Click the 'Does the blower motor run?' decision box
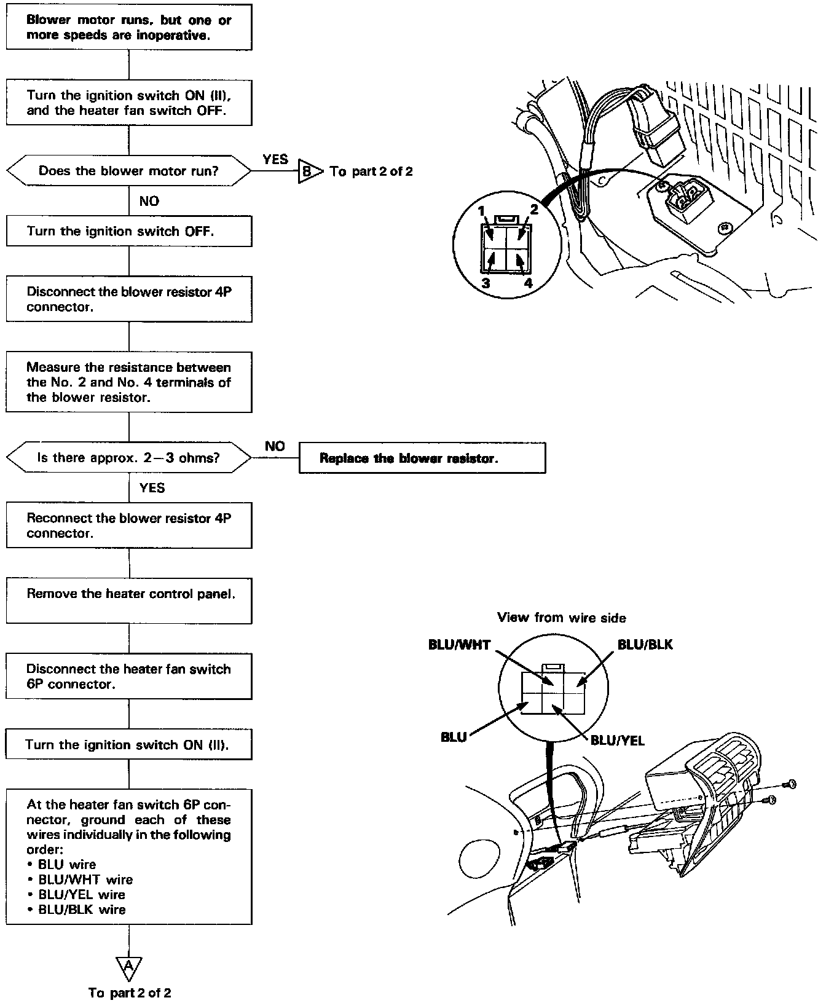coord(128,171)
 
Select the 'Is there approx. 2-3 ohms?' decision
coord(128,458)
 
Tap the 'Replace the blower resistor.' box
coord(422,458)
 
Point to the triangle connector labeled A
coord(128,967)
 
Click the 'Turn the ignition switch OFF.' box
coord(128,231)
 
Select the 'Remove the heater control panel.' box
coord(128,600)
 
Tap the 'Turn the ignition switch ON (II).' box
coord(128,745)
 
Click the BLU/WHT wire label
coord(459,645)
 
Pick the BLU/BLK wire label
coord(645,645)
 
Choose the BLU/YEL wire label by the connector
coord(617,741)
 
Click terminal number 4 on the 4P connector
coord(527,283)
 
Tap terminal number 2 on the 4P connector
coord(534,210)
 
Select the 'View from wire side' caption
coord(561,618)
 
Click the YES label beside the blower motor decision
coord(275,159)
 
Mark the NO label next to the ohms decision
coord(275,446)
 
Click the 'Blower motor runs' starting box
coord(128,28)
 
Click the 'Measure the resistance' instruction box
coord(128,382)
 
